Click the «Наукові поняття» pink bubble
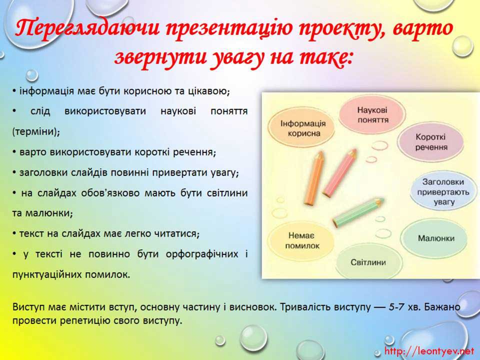point(372,114)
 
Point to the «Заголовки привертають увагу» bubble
point(443,191)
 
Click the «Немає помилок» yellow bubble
point(302,240)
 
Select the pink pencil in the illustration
point(340,172)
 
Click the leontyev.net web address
point(429,351)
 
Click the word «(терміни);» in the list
point(36,132)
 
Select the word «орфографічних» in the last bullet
point(201,254)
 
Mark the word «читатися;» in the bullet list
point(177,234)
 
